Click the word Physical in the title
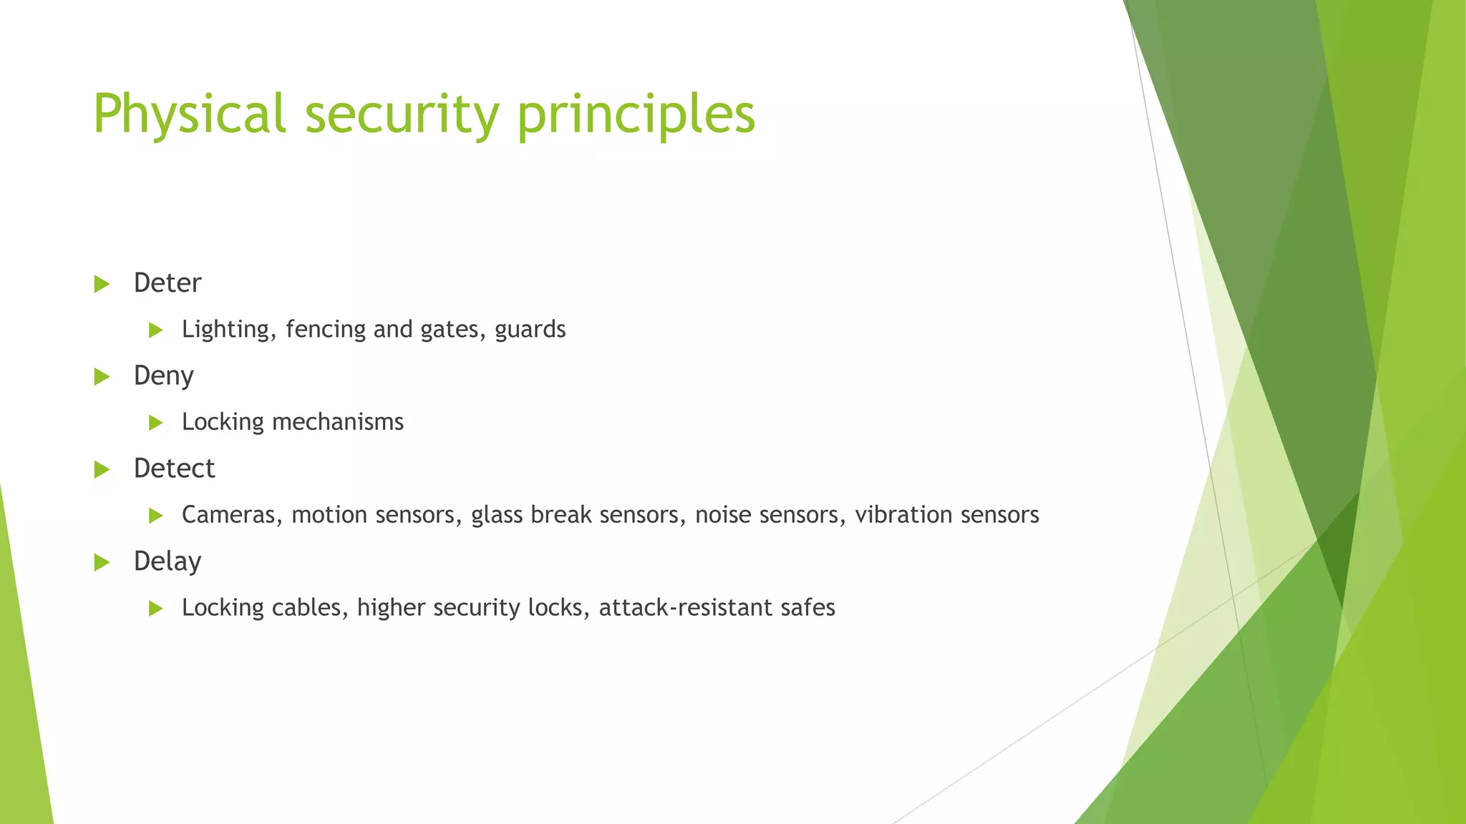point(190,114)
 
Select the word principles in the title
point(636,114)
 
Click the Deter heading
point(168,283)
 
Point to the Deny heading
point(163,376)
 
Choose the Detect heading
point(174,469)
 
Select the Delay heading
point(167,562)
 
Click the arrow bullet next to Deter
point(102,284)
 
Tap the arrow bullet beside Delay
point(102,563)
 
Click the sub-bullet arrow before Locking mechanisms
point(156,423)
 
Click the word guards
point(530,330)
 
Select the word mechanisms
point(338,422)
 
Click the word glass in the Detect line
point(497,515)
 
